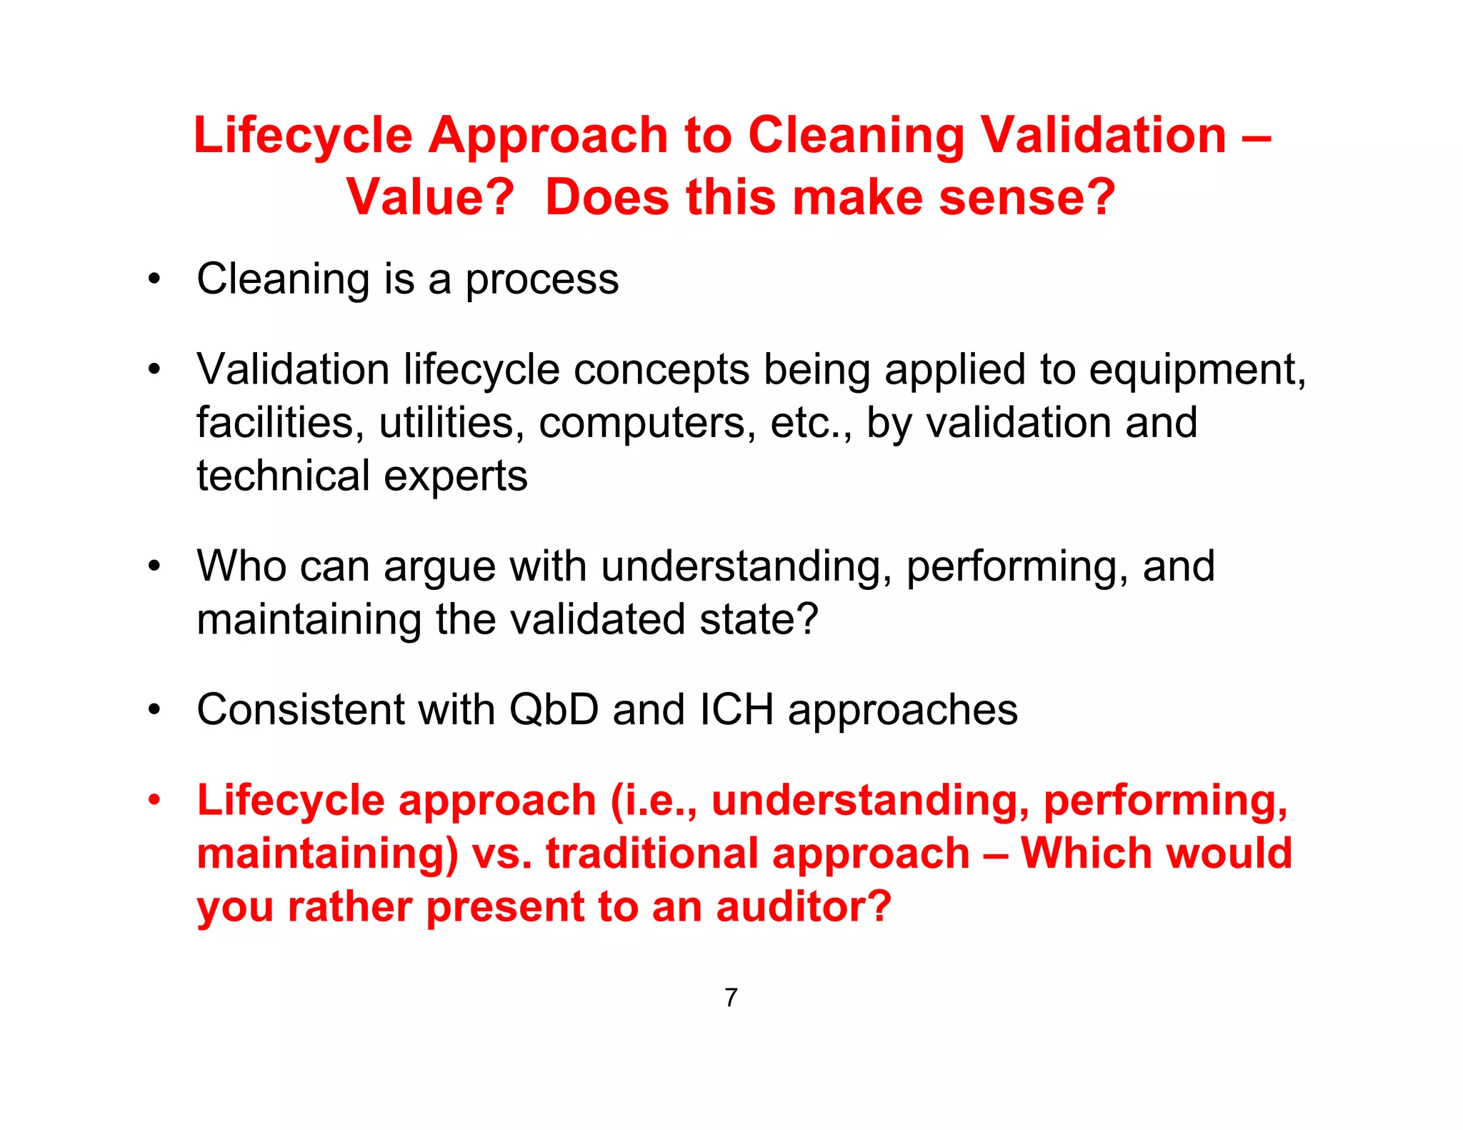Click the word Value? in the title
point(430,197)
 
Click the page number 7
point(731,997)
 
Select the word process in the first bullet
point(542,280)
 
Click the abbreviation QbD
point(554,710)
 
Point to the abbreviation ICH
point(737,710)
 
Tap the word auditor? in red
point(804,907)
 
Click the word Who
point(241,566)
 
